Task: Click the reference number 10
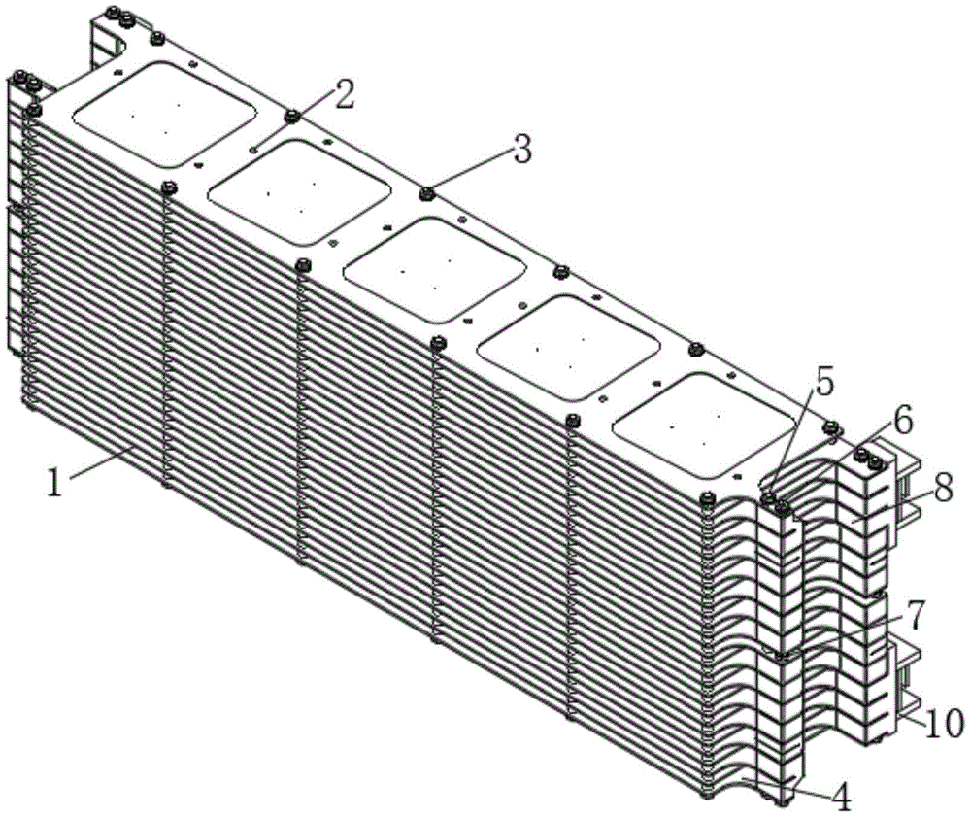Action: [945, 722]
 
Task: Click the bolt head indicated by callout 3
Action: [426, 194]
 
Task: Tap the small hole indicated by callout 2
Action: [253, 149]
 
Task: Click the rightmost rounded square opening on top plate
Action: [703, 425]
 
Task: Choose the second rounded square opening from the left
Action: [300, 192]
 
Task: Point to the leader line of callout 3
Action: [473, 171]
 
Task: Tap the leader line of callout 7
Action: [846, 631]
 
